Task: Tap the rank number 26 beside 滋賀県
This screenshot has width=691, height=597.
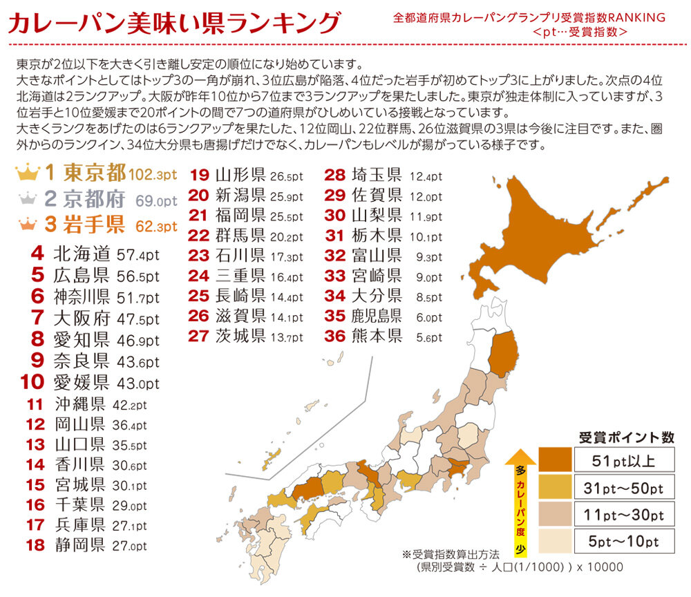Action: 198,316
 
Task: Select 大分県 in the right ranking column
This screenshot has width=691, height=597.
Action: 377,296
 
